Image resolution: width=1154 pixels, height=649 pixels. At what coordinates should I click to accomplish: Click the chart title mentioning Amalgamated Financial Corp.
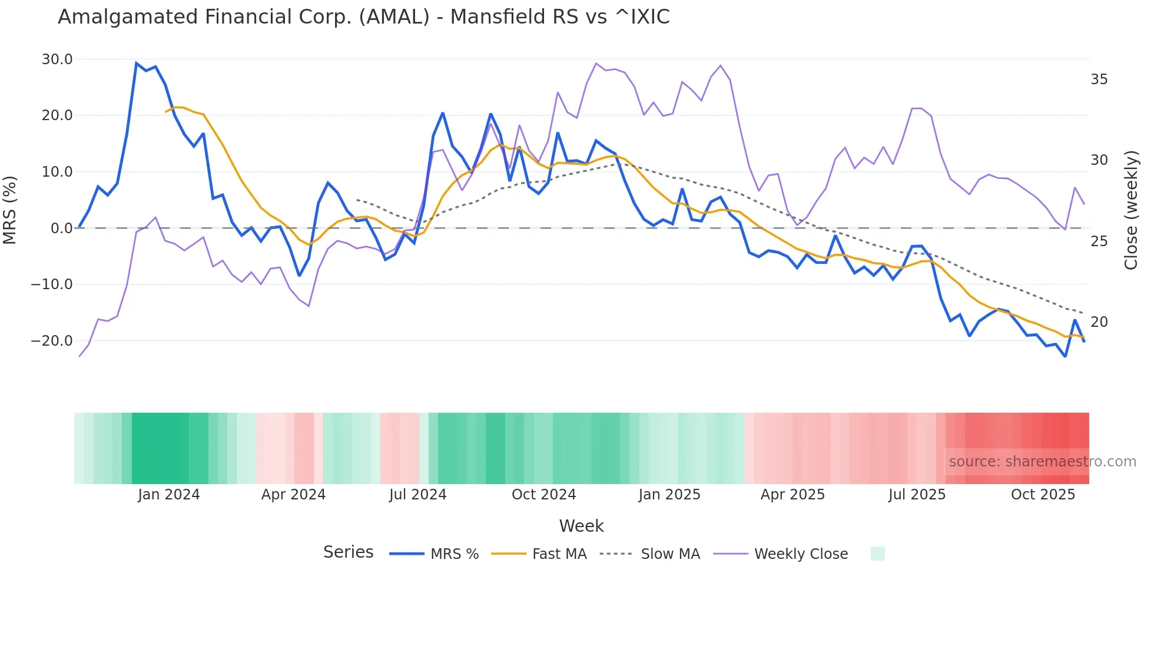363,17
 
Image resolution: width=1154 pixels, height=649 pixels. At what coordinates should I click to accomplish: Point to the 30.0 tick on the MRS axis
57,59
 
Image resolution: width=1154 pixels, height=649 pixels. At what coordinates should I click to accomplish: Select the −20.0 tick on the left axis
52,341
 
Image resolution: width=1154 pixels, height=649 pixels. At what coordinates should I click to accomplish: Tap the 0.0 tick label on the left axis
61,229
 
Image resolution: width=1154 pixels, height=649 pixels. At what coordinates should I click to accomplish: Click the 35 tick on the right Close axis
1099,80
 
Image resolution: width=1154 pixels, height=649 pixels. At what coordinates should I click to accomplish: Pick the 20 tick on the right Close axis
1099,322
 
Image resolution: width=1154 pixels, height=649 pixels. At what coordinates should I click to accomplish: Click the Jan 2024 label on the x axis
169,495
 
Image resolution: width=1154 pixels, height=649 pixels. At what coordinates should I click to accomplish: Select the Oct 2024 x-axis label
543,495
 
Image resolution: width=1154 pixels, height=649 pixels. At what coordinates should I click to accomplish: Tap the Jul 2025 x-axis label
917,495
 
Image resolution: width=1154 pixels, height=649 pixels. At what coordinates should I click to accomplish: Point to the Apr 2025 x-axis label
792,495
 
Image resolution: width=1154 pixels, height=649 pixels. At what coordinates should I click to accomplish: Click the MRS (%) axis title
10,210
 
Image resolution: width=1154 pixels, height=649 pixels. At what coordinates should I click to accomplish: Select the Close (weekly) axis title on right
1131,210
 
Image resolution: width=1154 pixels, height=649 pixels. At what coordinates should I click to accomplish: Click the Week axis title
581,526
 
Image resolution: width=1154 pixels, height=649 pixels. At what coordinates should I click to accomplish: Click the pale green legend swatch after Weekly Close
877,554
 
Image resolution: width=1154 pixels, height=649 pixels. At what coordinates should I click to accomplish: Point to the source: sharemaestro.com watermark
1042,462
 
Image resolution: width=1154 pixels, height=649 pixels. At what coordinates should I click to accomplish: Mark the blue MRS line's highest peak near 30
137,63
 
